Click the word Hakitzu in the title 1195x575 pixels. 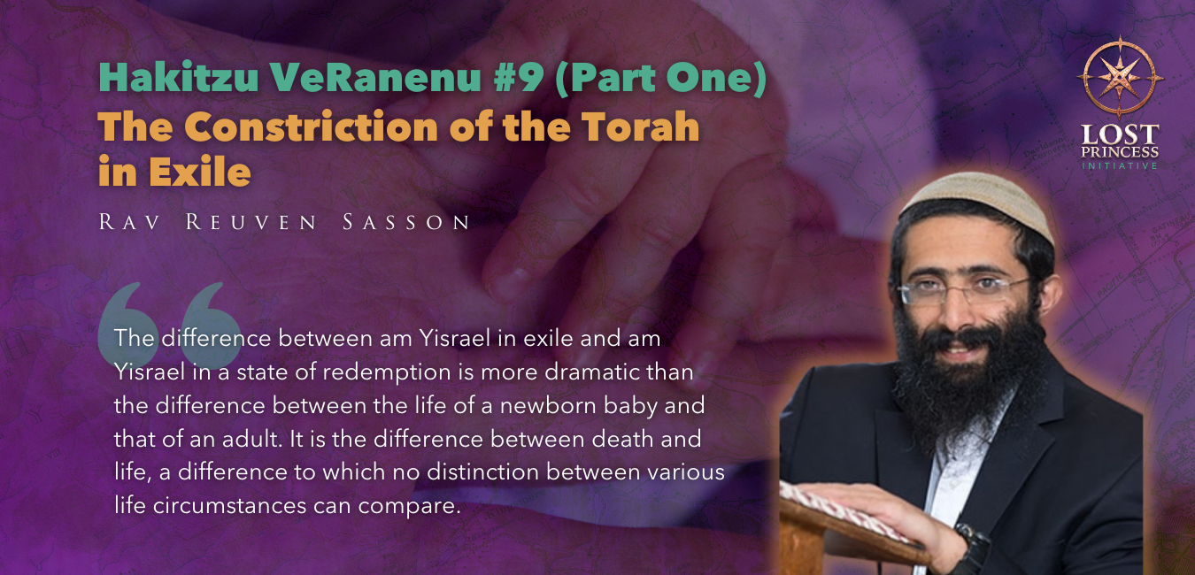(x=179, y=77)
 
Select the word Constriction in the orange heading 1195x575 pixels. (x=311, y=127)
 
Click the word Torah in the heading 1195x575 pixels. (x=640, y=127)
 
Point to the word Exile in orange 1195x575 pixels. (x=199, y=172)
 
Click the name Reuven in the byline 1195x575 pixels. (x=251, y=222)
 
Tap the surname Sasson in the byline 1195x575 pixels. (x=406, y=222)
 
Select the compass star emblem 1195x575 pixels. (x=1119, y=77)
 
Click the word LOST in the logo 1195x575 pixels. (x=1120, y=134)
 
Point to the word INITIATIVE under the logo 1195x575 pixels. (x=1120, y=165)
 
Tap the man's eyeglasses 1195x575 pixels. (x=964, y=290)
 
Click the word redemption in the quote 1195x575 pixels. (x=387, y=372)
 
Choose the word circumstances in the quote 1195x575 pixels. (x=229, y=506)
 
